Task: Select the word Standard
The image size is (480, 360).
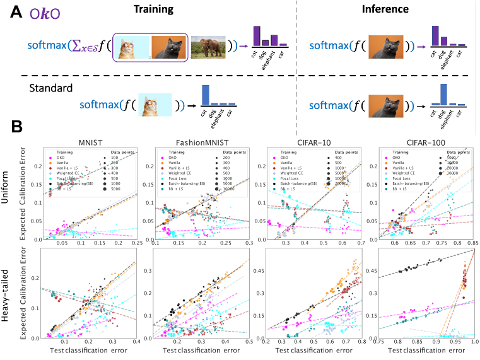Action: (x=52, y=87)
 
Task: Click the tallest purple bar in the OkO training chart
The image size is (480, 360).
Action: (x=257, y=35)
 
